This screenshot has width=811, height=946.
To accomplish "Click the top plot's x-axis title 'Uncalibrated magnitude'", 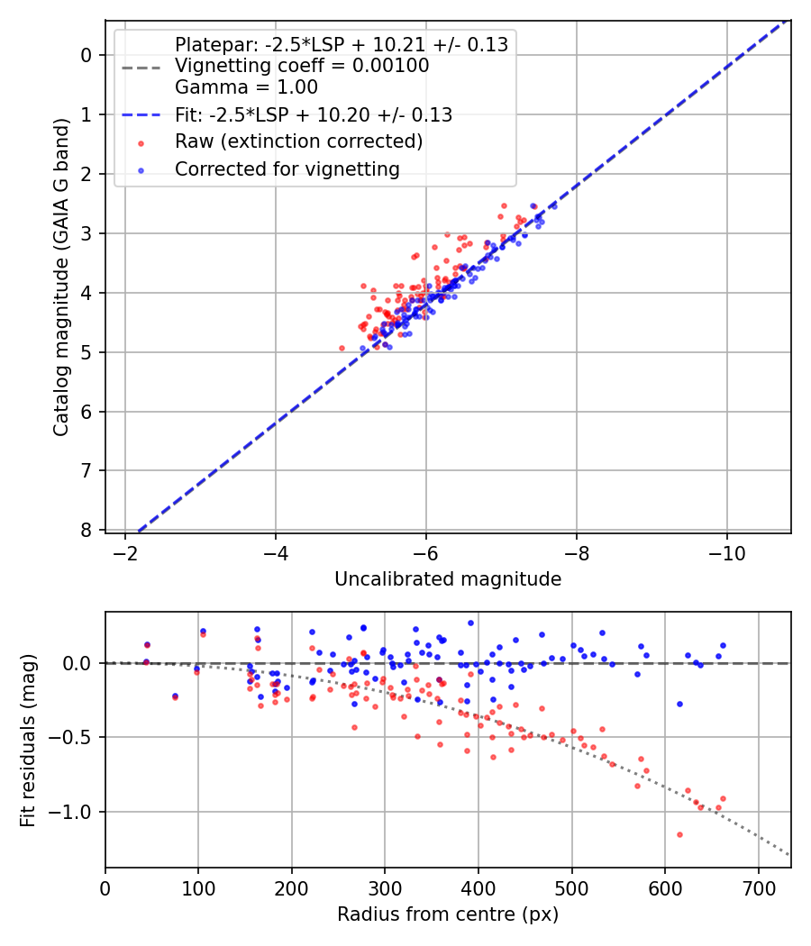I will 448,579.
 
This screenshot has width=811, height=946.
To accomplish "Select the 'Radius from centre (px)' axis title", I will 448,914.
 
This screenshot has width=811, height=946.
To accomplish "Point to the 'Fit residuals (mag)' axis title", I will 28,740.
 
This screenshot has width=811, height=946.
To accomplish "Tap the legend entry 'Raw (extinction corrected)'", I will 298,141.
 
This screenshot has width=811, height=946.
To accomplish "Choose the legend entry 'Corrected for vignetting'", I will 287,168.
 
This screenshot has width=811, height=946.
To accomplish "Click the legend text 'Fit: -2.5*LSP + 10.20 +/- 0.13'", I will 313,114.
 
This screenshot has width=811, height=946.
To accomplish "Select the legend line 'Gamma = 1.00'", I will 246,87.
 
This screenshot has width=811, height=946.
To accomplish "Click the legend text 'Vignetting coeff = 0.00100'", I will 302,66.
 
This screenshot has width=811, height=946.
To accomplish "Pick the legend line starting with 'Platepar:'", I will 341,44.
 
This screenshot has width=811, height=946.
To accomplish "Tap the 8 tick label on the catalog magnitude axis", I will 87,530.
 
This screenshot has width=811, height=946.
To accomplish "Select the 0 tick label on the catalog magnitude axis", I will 87,55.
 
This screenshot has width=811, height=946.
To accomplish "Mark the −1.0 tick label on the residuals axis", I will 77,813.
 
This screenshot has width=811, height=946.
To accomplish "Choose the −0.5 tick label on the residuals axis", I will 77,738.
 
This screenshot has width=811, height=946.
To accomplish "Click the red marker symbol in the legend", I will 140,142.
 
